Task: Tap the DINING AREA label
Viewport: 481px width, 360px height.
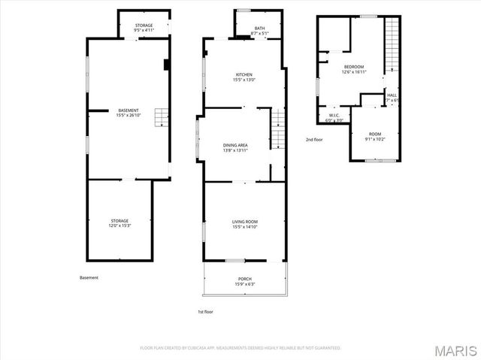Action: pyautogui.click(x=235, y=147)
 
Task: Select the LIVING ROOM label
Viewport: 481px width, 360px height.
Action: pyautogui.click(x=244, y=224)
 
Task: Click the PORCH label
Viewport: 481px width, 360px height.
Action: pyautogui.click(x=245, y=282)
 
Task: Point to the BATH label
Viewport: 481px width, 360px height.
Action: pyautogui.click(x=259, y=31)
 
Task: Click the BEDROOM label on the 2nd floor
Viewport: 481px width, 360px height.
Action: pyautogui.click(x=353, y=70)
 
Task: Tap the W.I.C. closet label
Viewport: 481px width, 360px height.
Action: pyautogui.click(x=334, y=119)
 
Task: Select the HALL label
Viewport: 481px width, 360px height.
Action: pyautogui.click(x=392, y=98)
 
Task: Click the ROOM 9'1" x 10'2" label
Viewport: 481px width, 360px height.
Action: pyautogui.click(x=374, y=136)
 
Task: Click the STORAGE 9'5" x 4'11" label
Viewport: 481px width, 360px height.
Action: pyautogui.click(x=144, y=28)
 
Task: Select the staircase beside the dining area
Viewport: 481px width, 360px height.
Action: pyautogui.click(x=279, y=128)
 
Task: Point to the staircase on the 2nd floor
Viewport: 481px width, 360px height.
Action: pyautogui.click(x=392, y=45)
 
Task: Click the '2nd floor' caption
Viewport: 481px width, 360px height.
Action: pyautogui.click(x=315, y=140)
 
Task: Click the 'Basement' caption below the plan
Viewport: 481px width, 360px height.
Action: pyautogui.click(x=89, y=277)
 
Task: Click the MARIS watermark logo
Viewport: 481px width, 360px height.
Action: pyautogui.click(x=453, y=349)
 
